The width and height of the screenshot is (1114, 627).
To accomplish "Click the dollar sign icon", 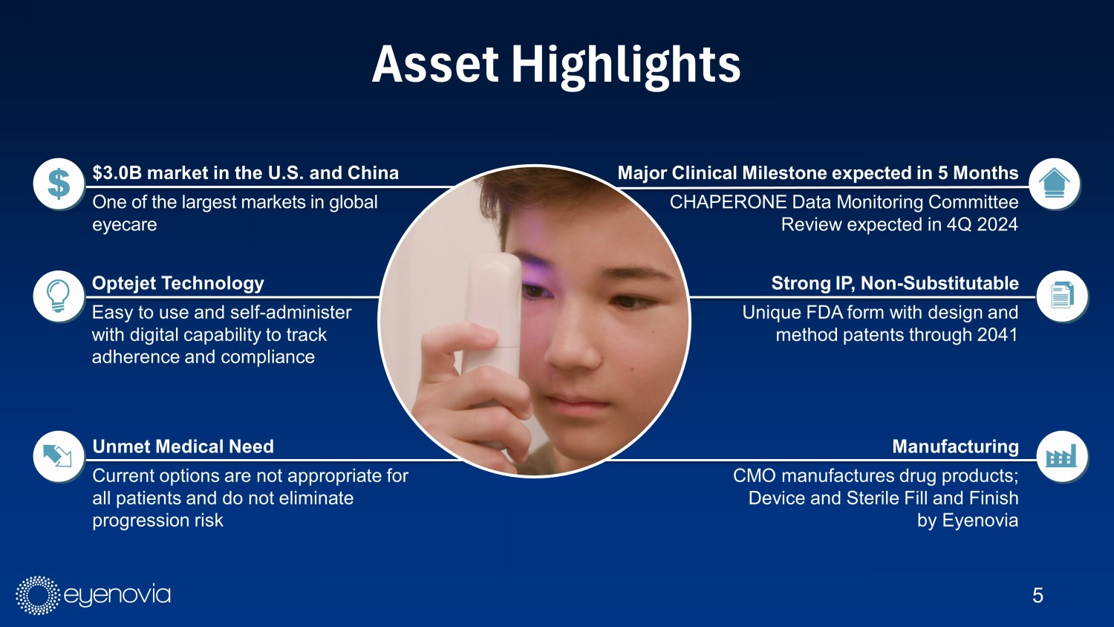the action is pyautogui.click(x=59, y=184).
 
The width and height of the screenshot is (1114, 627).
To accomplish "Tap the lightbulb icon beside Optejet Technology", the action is pyautogui.click(x=59, y=296).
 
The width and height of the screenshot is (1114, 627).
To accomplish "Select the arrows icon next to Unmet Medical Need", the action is pyautogui.click(x=59, y=457).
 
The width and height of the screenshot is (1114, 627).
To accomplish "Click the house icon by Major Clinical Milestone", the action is pyautogui.click(x=1055, y=184).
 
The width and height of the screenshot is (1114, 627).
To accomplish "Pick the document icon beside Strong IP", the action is pyautogui.click(x=1062, y=296).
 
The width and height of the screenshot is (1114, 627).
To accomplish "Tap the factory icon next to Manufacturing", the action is pyautogui.click(x=1062, y=457).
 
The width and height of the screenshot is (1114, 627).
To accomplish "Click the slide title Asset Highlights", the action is pyautogui.click(x=556, y=65).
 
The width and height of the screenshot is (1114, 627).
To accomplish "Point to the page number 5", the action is pyautogui.click(x=1038, y=596).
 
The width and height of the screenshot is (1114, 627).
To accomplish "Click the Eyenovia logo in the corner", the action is pyautogui.click(x=93, y=595).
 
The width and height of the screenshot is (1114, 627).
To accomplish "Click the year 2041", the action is pyautogui.click(x=997, y=334).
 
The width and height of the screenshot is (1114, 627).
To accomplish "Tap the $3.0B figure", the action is pyautogui.click(x=117, y=172).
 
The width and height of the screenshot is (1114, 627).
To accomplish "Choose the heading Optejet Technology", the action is pyautogui.click(x=178, y=283).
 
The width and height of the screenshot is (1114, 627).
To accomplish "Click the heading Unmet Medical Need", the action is pyautogui.click(x=183, y=446).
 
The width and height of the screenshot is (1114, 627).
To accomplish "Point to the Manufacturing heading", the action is pyautogui.click(x=955, y=446).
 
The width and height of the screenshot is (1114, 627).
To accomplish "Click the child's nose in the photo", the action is pyautogui.click(x=572, y=348).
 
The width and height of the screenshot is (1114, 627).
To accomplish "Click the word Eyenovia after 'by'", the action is pyautogui.click(x=980, y=521).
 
